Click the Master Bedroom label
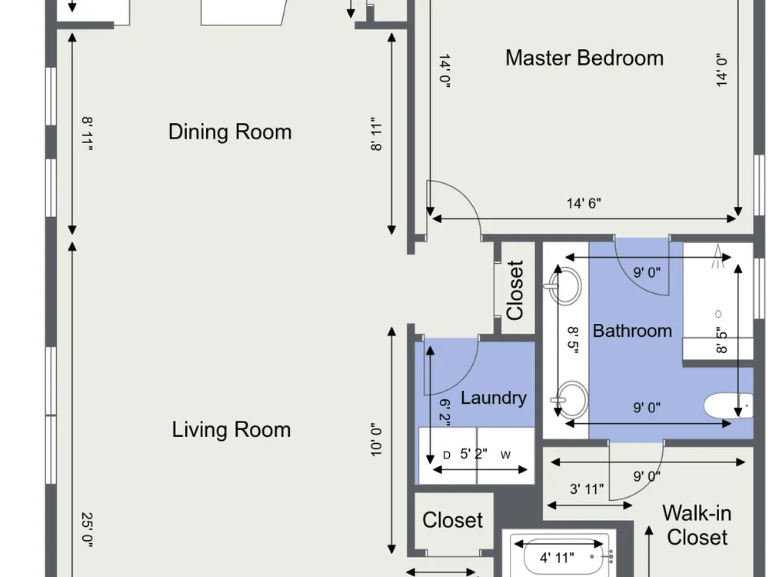pos(584,58)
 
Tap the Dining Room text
pos(230,132)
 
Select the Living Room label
pos(231,430)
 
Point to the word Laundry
pos(494,398)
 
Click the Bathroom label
pos(632,331)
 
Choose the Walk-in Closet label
pos(697,525)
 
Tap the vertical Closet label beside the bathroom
pos(515,290)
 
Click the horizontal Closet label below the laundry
pos(452,520)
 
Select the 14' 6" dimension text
pos(584,203)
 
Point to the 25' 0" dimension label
pos(88,530)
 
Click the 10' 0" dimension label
pos(376,440)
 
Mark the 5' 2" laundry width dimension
pos(473,453)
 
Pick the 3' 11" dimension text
pos(587,489)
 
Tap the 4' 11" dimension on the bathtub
pos(557,558)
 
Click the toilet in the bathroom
pos(729,405)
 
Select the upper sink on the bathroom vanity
pos(565,285)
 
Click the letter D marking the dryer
pos(446,455)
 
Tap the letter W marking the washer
pos(506,455)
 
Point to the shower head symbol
pos(718,256)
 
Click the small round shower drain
pos(718,314)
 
